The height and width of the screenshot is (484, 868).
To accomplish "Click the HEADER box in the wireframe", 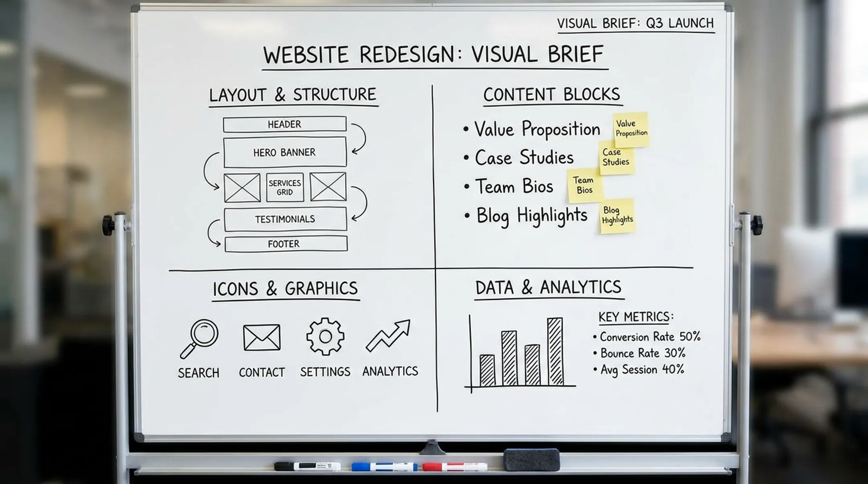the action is pyautogui.click(x=285, y=124).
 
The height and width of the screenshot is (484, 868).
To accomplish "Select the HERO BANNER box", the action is pyautogui.click(x=285, y=152).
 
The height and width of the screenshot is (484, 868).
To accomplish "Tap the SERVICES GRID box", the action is pyautogui.click(x=285, y=187).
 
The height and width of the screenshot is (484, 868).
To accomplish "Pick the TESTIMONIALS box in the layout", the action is pyautogui.click(x=285, y=219).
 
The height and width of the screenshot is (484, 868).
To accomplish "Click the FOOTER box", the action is pyautogui.click(x=286, y=244).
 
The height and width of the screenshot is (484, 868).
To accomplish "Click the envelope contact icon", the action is pyautogui.click(x=262, y=337).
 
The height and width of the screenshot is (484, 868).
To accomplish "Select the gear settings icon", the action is pyautogui.click(x=325, y=336).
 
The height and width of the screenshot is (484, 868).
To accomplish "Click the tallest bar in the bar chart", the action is pyautogui.click(x=555, y=352).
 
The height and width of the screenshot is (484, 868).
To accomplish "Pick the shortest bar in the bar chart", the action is pyautogui.click(x=487, y=370).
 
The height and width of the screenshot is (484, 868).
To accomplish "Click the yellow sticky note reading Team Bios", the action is pyautogui.click(x=585, y=185).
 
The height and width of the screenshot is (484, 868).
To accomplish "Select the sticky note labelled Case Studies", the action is pyautogui.click(x=616, y=157).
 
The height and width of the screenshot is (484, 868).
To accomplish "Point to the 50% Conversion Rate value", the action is pyautogui.click(x=690, y=336).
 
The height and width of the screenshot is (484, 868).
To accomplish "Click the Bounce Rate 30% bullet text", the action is pyautogui.click(x=643, y=353).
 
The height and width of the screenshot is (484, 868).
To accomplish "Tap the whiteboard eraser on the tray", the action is pyautogui.click(x=532, y=460).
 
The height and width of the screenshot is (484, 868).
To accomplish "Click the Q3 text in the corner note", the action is pyautogui.click(x=654, y=23).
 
